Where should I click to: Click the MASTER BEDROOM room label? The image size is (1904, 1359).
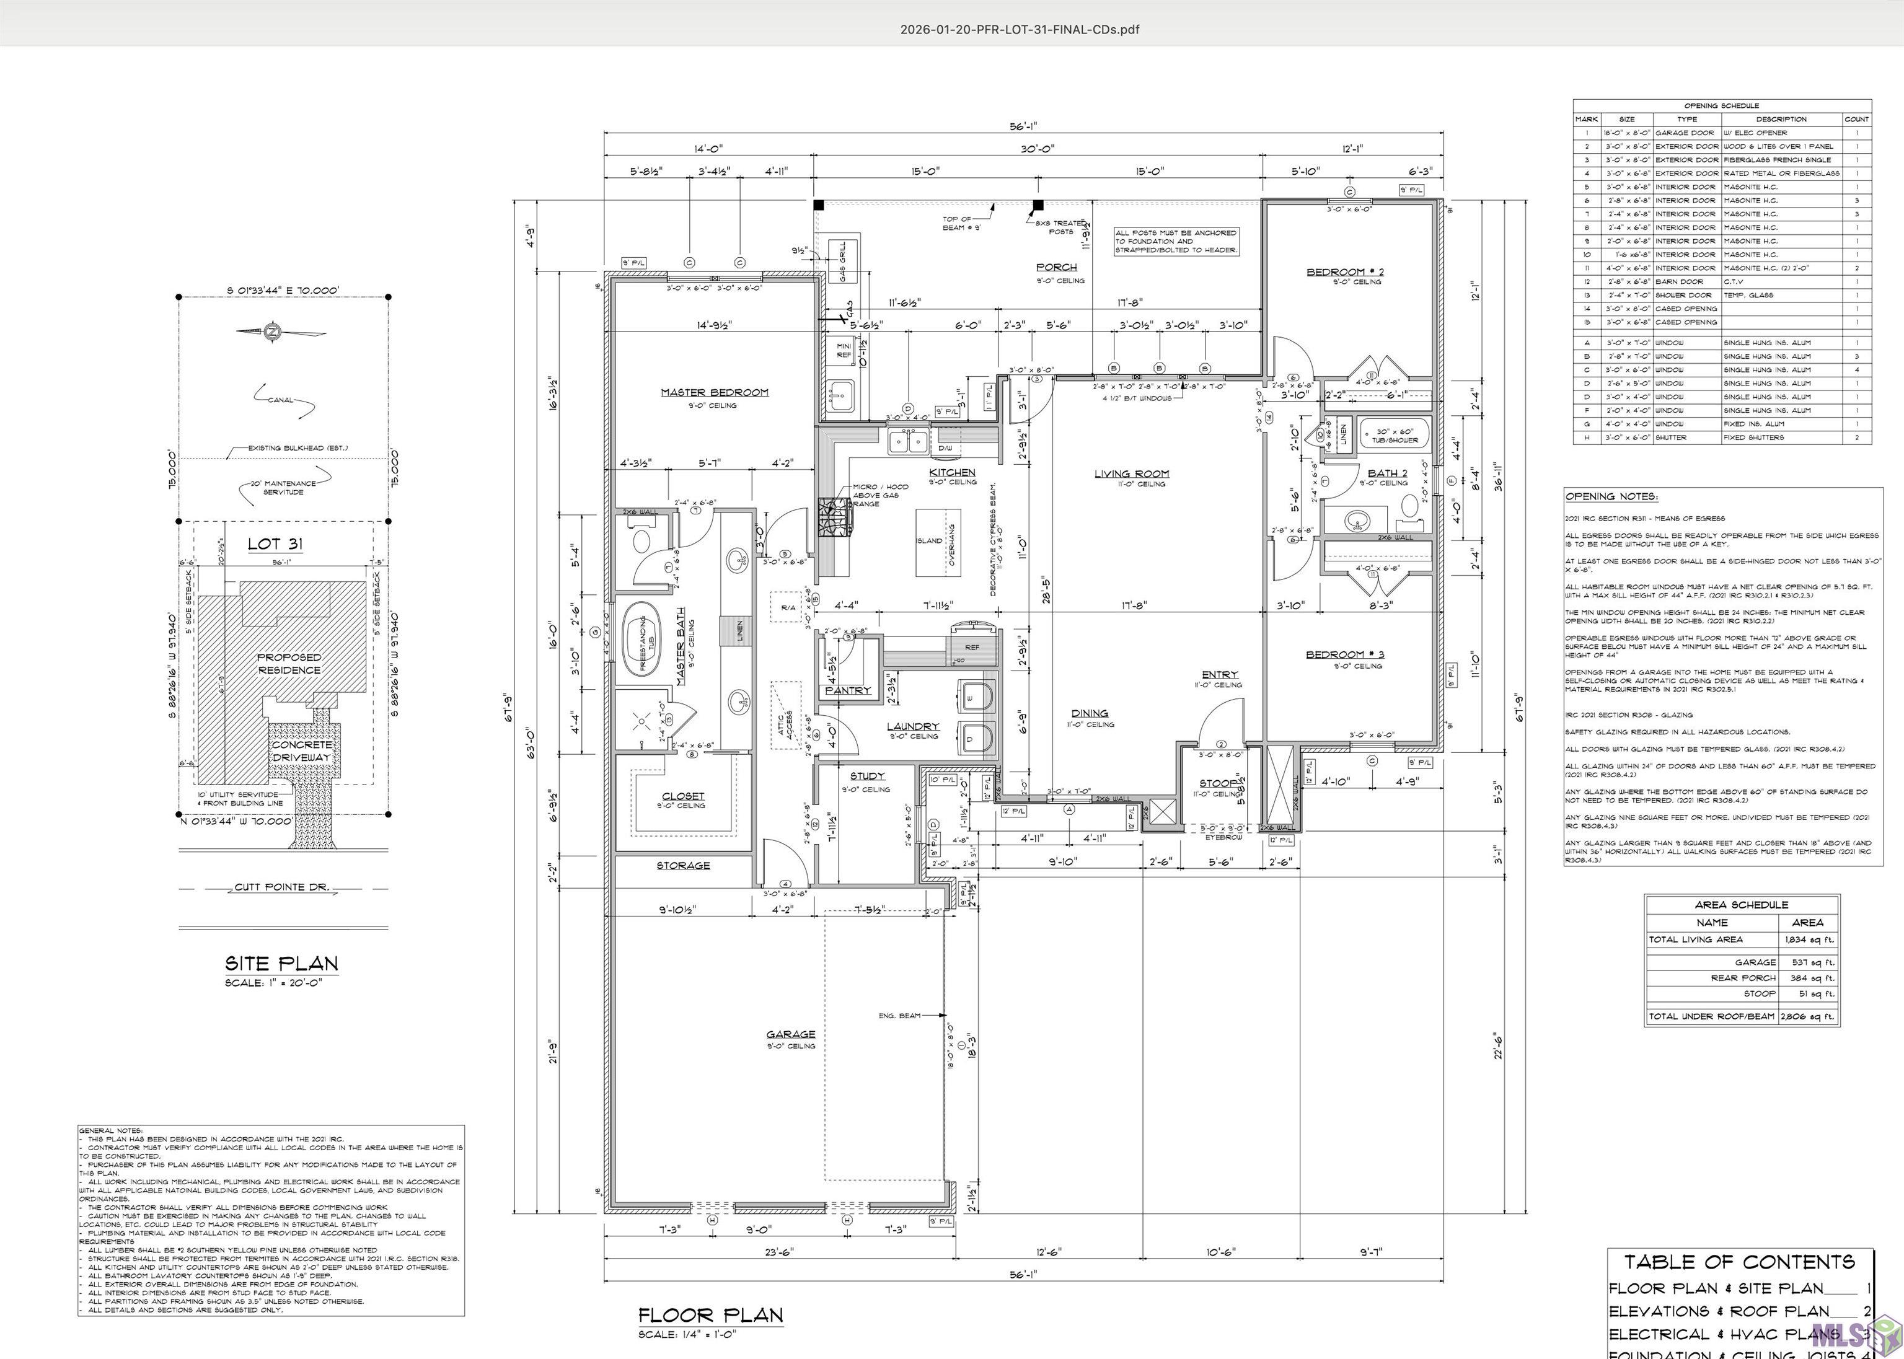(x=714, y=392)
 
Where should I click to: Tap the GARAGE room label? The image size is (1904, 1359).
(x=790, y=1034)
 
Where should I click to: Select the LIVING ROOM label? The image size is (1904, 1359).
(x=1132, y=473)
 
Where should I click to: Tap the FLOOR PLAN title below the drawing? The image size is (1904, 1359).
(x=710, y=1314)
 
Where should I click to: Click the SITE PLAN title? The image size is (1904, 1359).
(x=281, y=963)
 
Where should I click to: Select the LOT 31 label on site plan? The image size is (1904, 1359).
(x=275, y=544)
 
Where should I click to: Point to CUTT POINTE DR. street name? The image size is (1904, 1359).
(x=282, y=887)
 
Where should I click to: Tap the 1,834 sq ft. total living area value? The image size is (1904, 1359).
(x=1807, y=939)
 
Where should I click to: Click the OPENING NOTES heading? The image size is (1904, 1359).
(x=1611, y=496)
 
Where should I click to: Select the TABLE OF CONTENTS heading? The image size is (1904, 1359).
(x=1739, y=1262)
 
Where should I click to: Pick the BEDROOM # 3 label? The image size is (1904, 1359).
(x=1344, y=654)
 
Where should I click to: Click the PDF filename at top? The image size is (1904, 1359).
(x=1020, y=29)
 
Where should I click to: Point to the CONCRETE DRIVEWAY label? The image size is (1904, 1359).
(x=302, y=750)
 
